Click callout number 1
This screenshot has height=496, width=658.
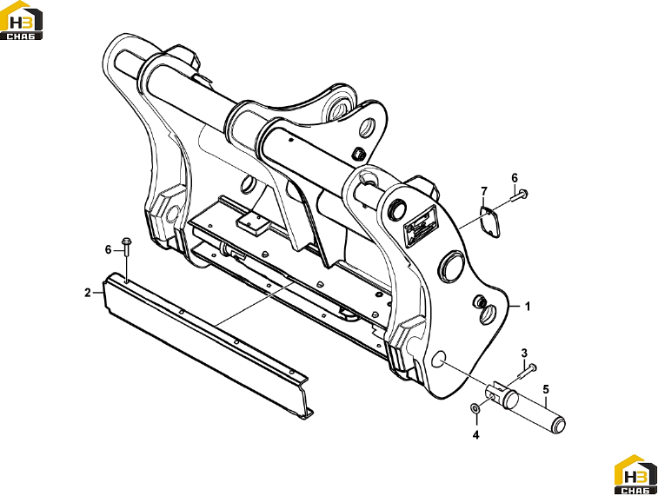pos(528,307)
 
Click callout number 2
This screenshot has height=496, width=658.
pos(87,293)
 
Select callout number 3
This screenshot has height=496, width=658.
pos(524,353)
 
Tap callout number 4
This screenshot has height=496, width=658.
pos(475,435)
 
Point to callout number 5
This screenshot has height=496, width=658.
pos(546,389)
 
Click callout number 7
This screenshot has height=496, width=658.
pos(484,192)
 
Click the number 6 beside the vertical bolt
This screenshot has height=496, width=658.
pos(109,250)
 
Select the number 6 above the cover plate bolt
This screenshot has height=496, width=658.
pos(515,178)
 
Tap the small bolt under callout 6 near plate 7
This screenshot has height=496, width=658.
pos(520,195)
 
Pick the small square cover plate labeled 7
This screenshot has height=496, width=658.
pos(489,223)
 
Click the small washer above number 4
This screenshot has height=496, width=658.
pos(475,408)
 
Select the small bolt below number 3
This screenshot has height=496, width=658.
pos(528,371)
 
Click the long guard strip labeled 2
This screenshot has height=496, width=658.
pos(206,345)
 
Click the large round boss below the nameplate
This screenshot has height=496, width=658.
pos(451,266)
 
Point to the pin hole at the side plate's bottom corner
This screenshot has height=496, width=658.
pos(438,359)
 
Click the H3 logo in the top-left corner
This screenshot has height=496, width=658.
pos(22,21)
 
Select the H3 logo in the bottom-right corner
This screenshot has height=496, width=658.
pos(635,474)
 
